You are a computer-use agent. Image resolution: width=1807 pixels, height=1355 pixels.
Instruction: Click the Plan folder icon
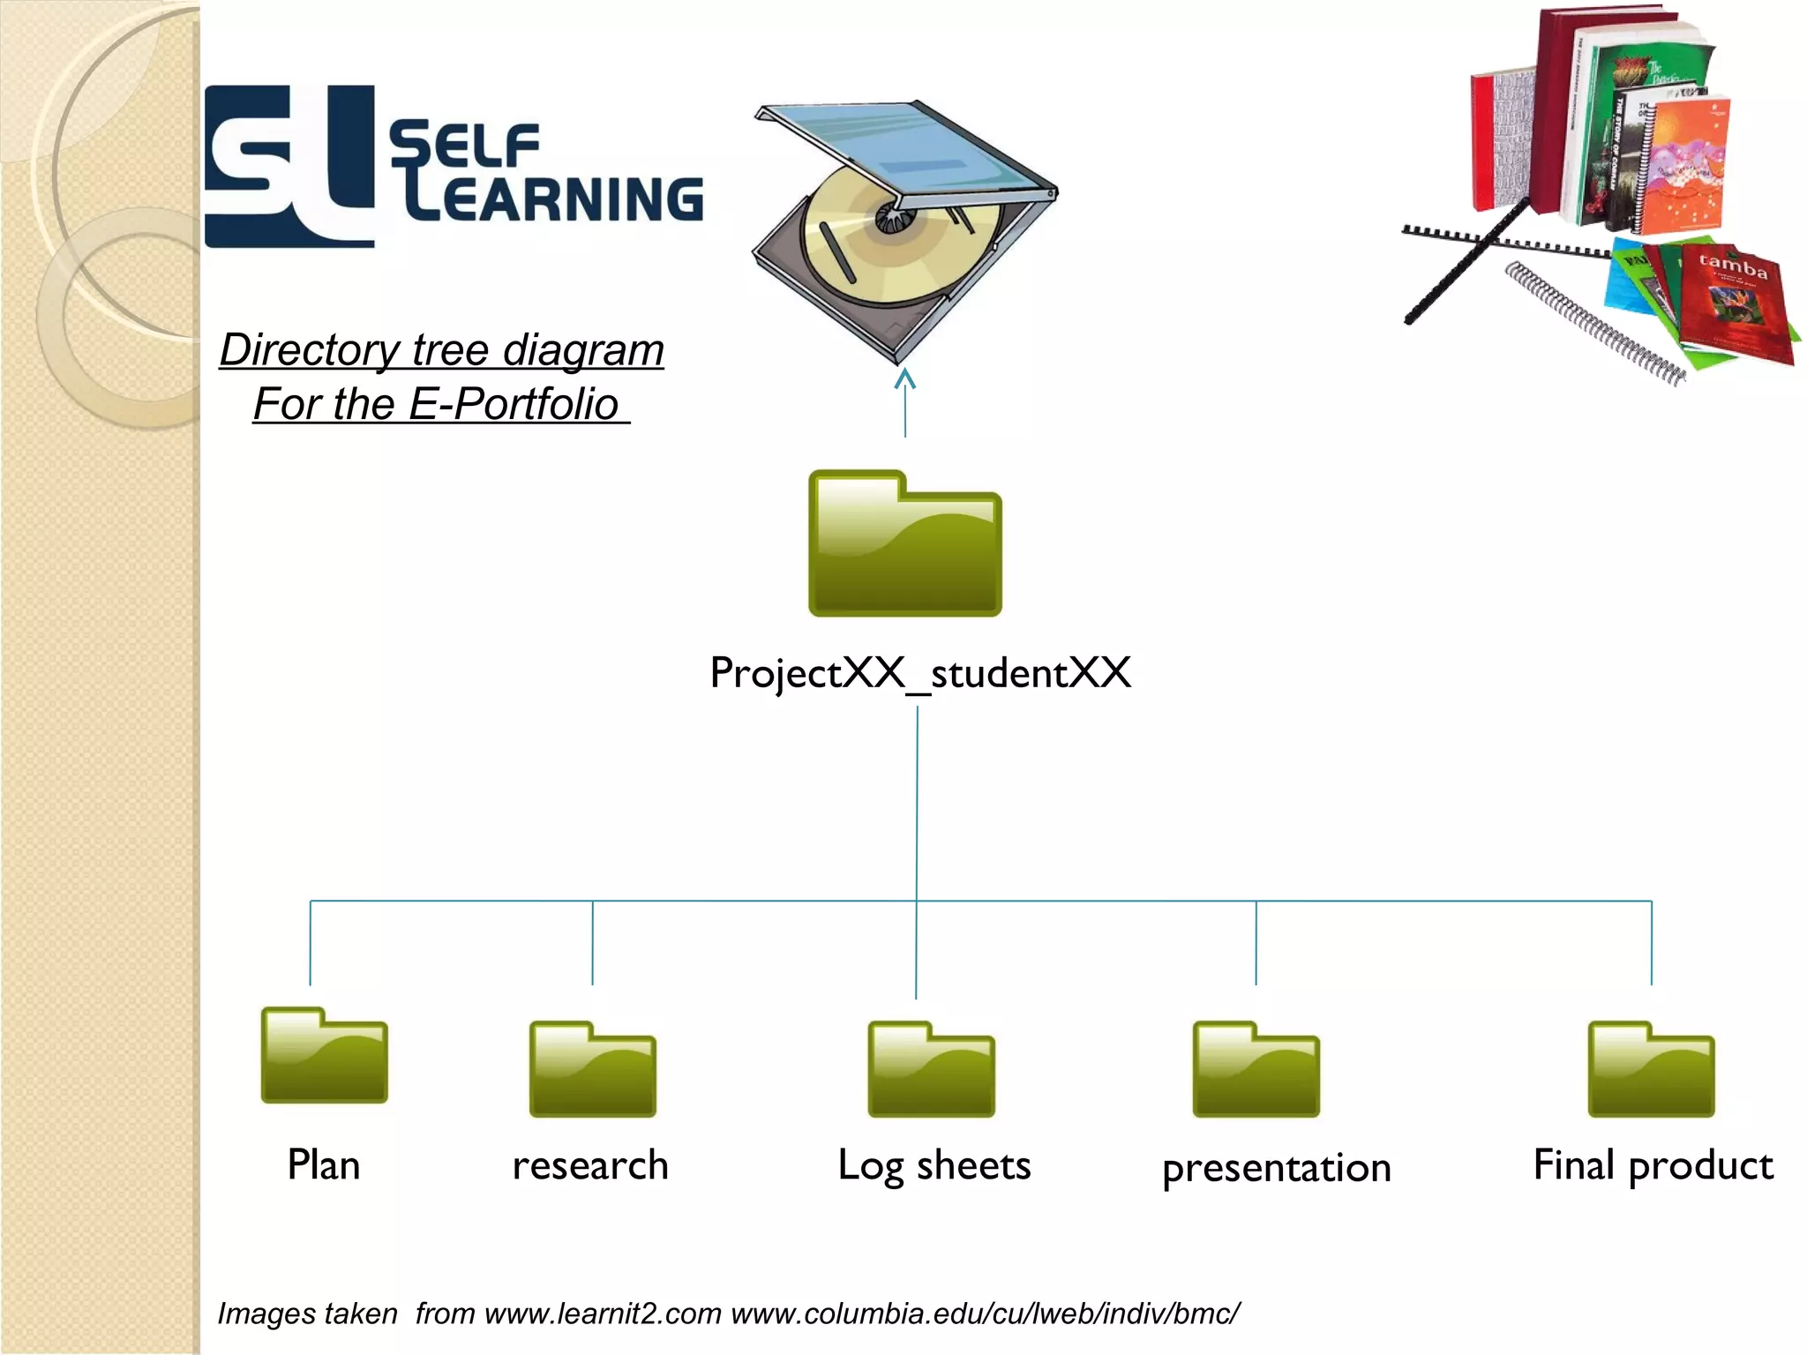tap(324, 1056)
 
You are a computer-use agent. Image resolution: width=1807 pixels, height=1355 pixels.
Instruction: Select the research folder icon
tap(592, 1070)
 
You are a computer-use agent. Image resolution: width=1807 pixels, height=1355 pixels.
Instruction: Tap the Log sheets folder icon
tap(931, 1070)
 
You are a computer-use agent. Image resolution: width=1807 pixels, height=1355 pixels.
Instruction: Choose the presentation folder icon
tap(1256, 1070)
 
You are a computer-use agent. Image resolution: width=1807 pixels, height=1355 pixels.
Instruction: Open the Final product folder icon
tap(1651, 1070)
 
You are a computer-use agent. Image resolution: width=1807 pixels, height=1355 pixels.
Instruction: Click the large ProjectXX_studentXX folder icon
tap(905, 544)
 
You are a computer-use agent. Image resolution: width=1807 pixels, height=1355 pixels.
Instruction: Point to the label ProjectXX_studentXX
tap(920, 673)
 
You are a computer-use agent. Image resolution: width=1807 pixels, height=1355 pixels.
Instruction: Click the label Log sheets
tap(933, 1165)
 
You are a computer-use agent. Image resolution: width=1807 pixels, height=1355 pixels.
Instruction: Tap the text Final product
tap(1653, 1165)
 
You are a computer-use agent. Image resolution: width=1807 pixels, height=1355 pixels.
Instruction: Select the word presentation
tap(1276, 1168)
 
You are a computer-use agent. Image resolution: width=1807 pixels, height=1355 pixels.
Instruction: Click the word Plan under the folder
tap(324, 1165)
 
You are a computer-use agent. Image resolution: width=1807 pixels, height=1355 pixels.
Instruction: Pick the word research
tap(590, 1165)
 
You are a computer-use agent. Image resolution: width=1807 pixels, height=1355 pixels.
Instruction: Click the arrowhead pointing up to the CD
tap(905, 379)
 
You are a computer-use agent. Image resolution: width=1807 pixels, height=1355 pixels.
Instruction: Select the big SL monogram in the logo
tap(289, 166)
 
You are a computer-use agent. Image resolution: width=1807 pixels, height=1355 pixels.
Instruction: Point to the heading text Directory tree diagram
tap(442, 350)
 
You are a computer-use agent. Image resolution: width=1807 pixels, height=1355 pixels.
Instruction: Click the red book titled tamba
tap(1734, 304)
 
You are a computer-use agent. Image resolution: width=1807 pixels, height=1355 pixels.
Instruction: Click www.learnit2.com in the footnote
tap(603, 1314)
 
